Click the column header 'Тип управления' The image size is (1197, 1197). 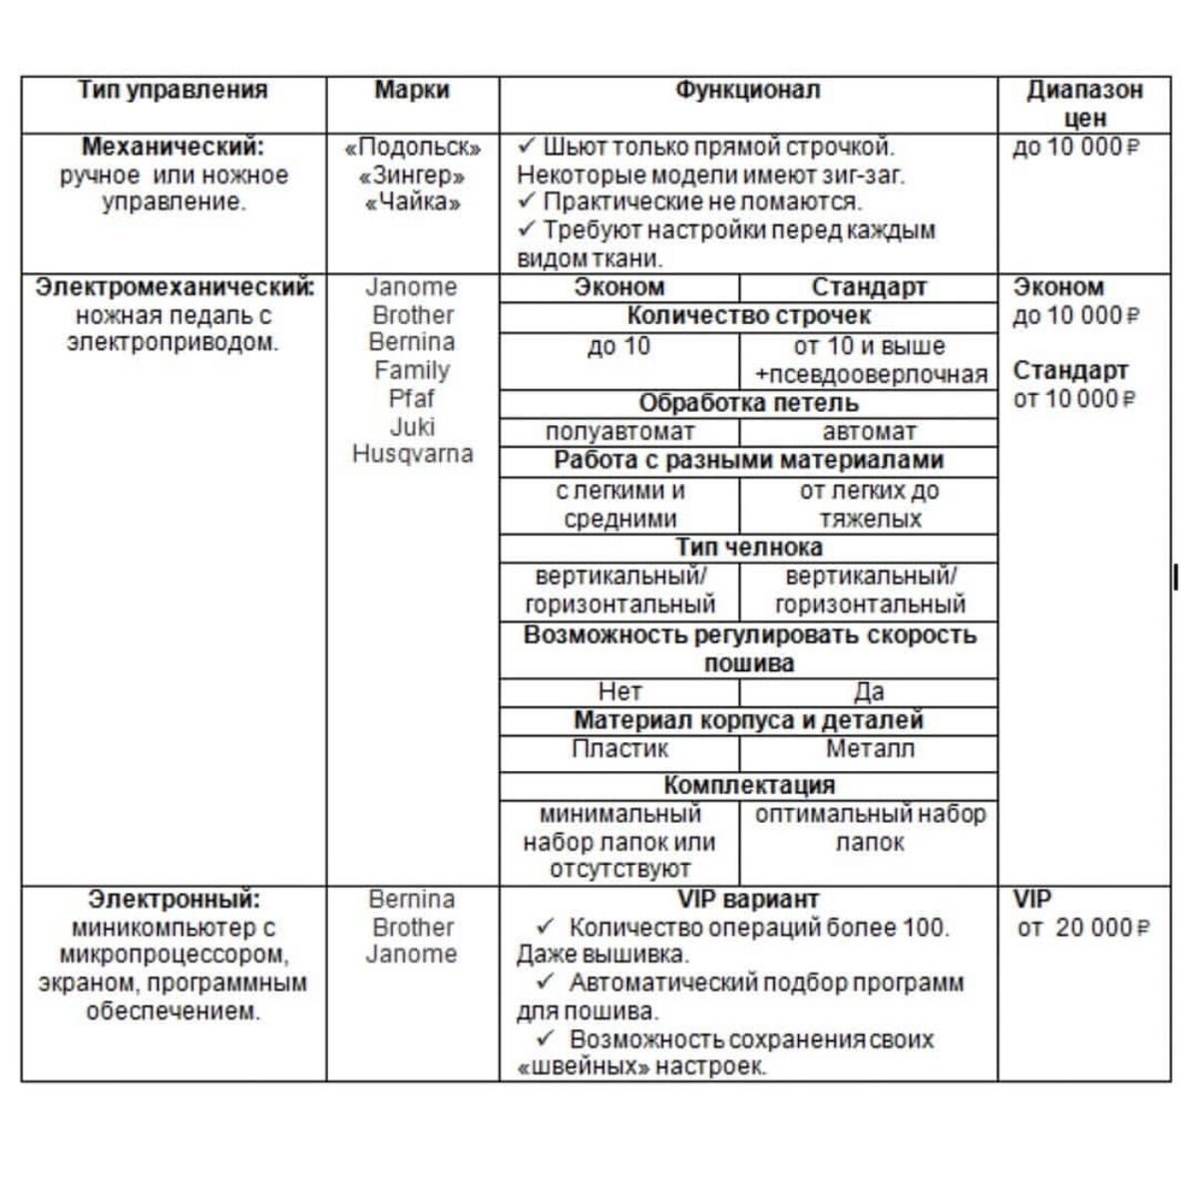[173, 91]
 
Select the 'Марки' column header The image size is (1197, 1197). [412, 91]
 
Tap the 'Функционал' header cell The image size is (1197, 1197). [748, 91]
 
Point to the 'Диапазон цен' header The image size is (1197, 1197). [1084, 104]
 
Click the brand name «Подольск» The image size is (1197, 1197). [412, 148]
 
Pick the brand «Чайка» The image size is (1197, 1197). [412, 203]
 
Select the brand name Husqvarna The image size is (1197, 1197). [412, 455]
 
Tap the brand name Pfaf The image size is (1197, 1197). [412, 399]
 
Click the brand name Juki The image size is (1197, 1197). [412, 427]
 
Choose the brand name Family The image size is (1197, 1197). [412, 371]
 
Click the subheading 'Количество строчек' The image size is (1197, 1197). [748, 316]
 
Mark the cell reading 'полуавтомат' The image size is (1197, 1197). [619, 433]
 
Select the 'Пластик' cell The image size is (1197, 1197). [619, 749]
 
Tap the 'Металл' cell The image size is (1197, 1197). [869, 749]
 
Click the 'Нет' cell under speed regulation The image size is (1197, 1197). [619, 692]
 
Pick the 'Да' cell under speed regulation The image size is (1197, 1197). [869, 692]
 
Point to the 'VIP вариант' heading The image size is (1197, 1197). [748, 899]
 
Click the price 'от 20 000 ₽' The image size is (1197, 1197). [1083, 929]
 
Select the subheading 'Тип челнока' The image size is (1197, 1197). [748, 548]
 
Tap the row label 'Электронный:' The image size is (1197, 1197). [174, 899]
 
